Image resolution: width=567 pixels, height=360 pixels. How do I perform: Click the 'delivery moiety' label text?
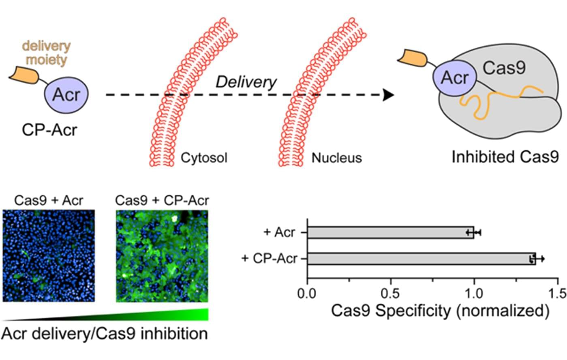46,53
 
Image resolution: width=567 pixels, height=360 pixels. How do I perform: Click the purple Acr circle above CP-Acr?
66,94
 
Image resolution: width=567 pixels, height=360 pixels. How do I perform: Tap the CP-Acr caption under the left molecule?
49,130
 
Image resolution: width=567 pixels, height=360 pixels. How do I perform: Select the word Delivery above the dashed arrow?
246,82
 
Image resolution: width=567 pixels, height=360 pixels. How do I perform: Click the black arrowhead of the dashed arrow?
389,96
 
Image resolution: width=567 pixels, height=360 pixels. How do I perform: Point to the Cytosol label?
204,157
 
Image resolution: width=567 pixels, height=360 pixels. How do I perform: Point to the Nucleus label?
336,157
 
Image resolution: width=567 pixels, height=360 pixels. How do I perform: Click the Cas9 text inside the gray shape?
504,68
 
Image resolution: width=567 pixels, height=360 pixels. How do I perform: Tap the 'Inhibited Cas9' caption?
505,157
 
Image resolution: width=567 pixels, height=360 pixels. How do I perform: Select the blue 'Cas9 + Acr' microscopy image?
49,255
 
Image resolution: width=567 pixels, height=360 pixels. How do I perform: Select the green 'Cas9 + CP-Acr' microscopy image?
162,255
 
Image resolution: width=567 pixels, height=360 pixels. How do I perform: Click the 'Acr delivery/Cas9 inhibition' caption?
105,334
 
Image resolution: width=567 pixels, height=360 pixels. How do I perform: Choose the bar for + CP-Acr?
421,259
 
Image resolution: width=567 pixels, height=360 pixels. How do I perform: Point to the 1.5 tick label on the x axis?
558,293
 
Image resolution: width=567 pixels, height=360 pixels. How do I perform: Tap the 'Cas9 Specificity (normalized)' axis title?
440,311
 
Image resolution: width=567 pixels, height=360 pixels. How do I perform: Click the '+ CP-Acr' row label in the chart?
269,259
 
